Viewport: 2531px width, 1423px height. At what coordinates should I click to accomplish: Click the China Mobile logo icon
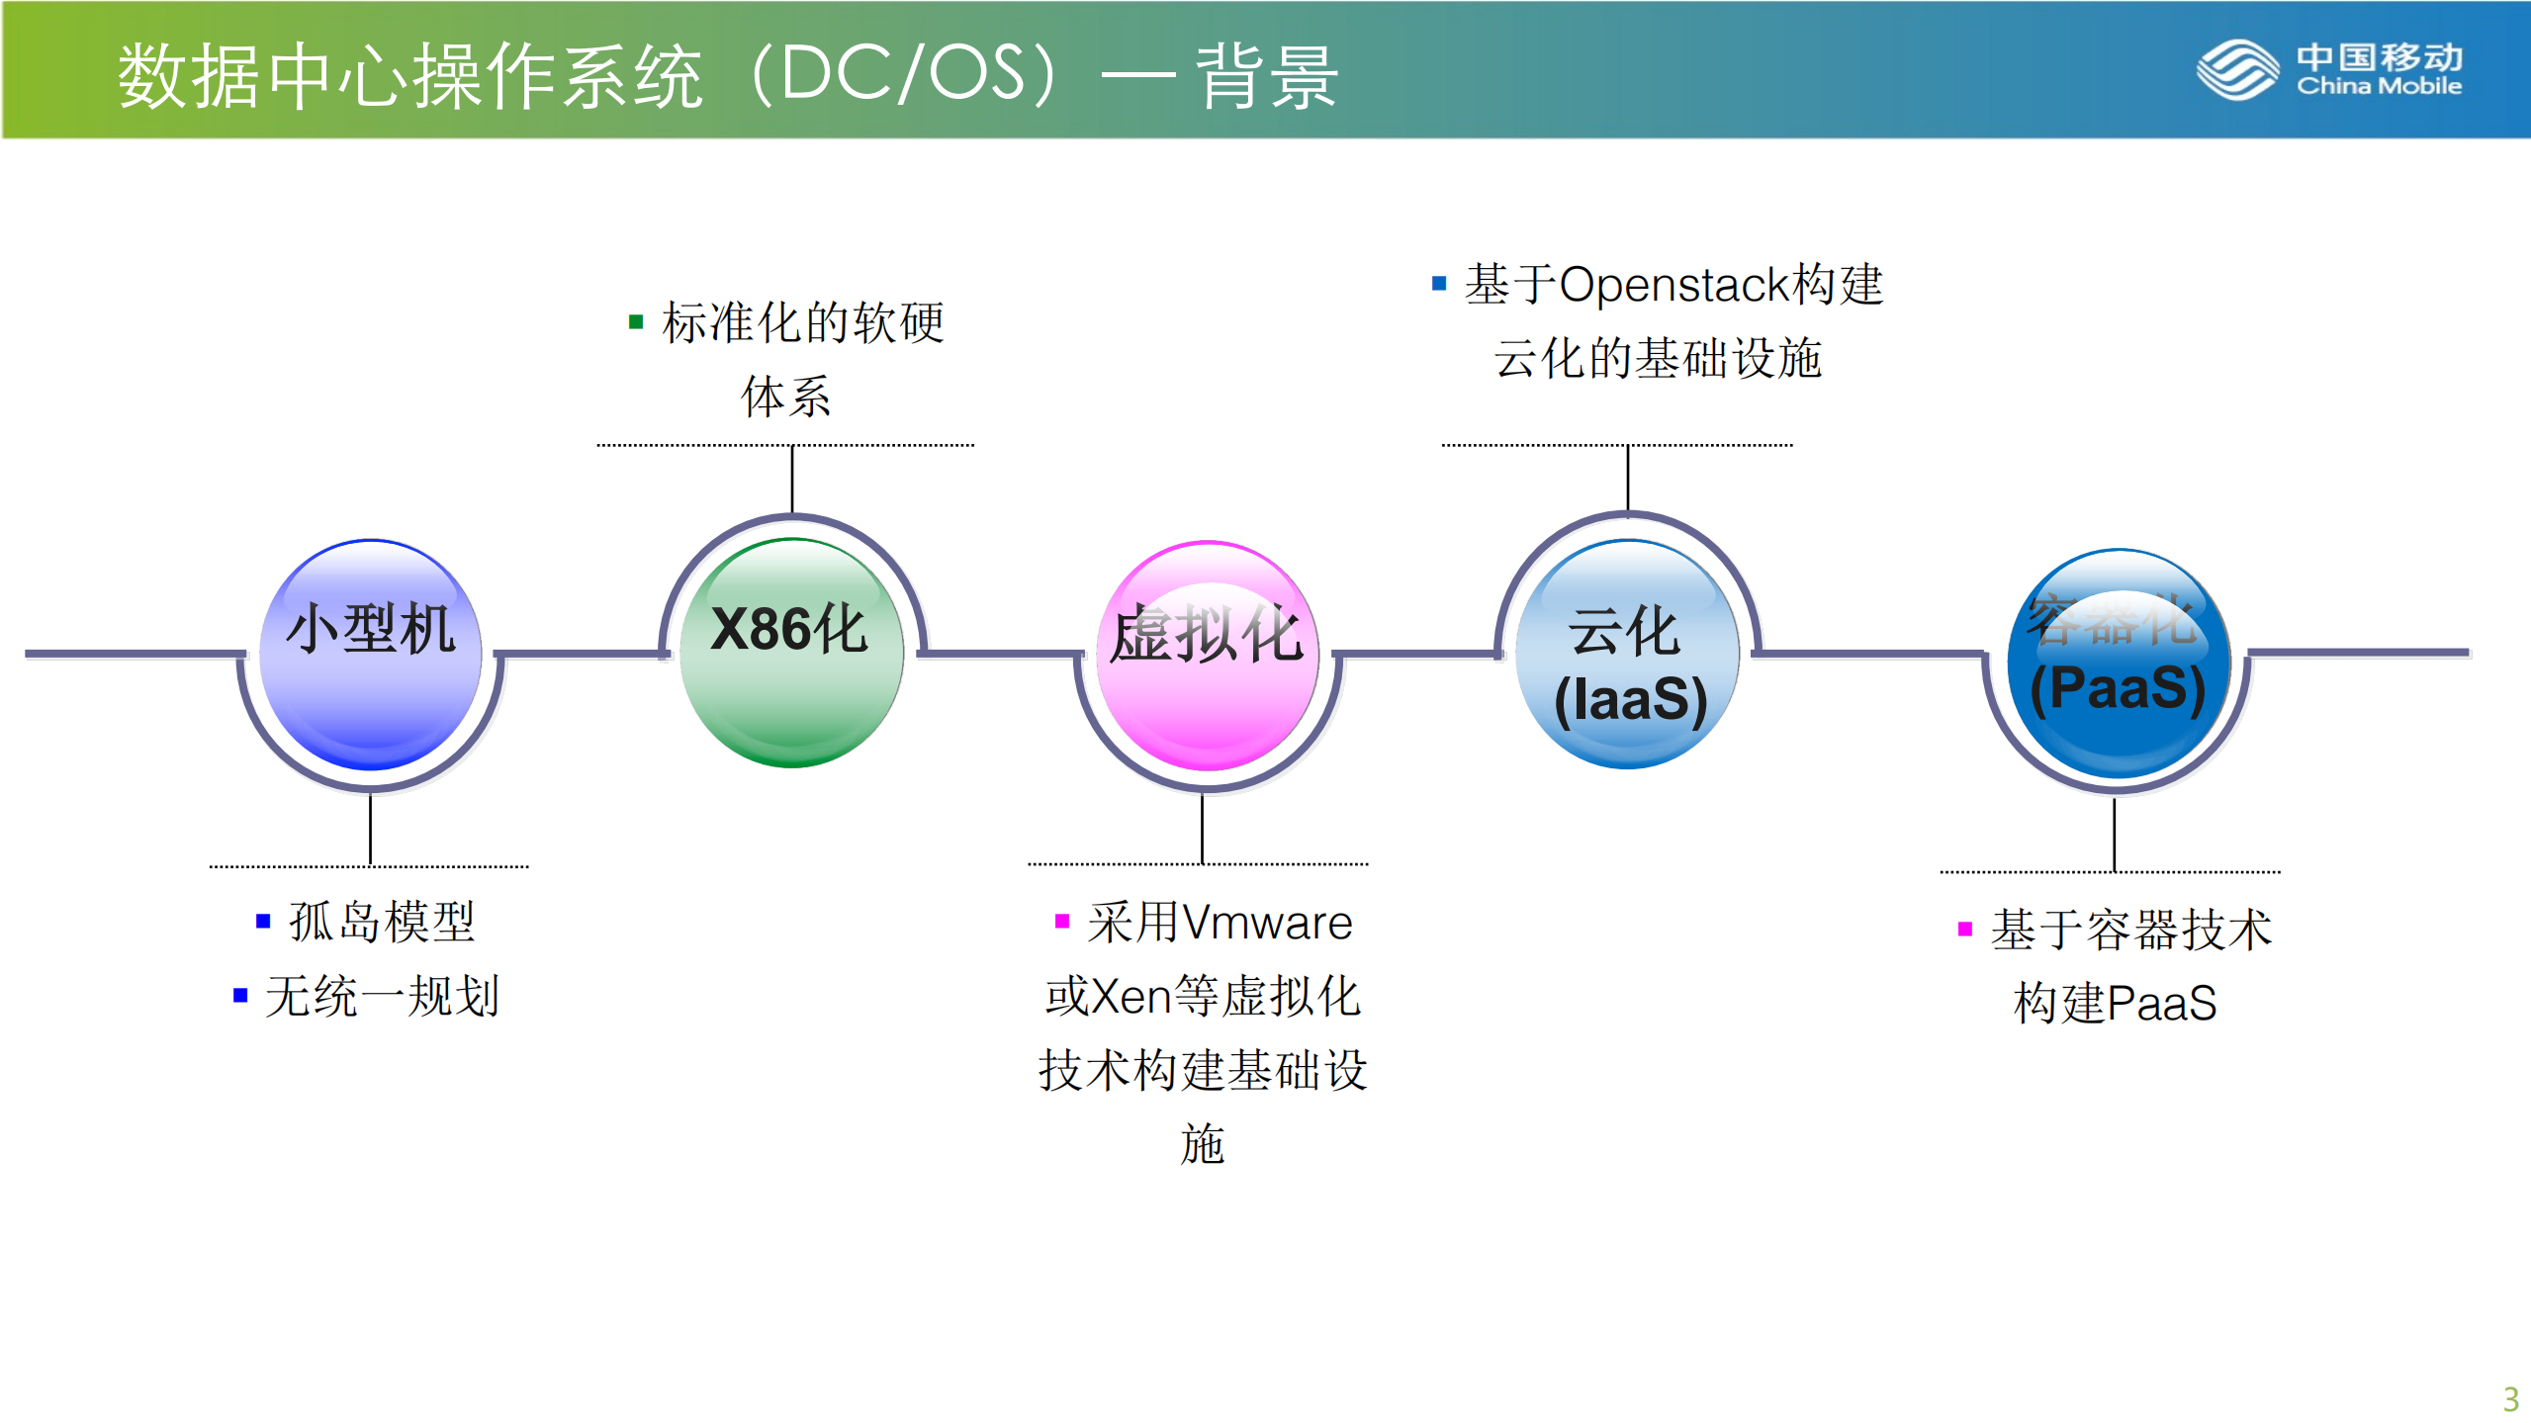(x=2237, y=69)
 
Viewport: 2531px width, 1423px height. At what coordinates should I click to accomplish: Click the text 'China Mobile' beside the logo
(x=2379, y=87)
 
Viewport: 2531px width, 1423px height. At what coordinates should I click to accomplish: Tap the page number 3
(x=2510, y=1398)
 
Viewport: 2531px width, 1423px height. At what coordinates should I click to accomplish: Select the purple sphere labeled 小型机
(x=371, y=655)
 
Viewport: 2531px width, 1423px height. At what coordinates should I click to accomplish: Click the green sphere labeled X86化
(x=791, y=653)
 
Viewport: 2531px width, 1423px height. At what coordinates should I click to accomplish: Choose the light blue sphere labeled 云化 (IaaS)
(x=1628, y=655)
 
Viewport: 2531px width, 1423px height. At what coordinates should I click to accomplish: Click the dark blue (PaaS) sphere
(x=2119, y=663)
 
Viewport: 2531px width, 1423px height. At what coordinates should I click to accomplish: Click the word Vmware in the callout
(x=1267, y=923)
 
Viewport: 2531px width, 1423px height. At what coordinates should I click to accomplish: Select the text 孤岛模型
(x=382, y=922)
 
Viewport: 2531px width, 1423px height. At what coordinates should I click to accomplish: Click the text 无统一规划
(x=382, y=996)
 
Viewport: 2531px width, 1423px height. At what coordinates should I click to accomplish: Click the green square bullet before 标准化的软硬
(x=636, y=322)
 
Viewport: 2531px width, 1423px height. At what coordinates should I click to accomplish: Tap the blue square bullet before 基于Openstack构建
(x=1439, y=284)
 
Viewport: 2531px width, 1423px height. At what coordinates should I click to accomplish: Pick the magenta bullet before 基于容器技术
(x=1964, y=929)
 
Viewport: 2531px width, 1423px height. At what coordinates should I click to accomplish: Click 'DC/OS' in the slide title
(x=902, y=74)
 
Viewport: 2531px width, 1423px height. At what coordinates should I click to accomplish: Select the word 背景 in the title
(x=1267, y=76)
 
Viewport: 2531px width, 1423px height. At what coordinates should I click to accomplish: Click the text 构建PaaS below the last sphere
(x=2115, y=1003)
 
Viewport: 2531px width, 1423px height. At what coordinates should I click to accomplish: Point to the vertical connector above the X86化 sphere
(x=792, y=479)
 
